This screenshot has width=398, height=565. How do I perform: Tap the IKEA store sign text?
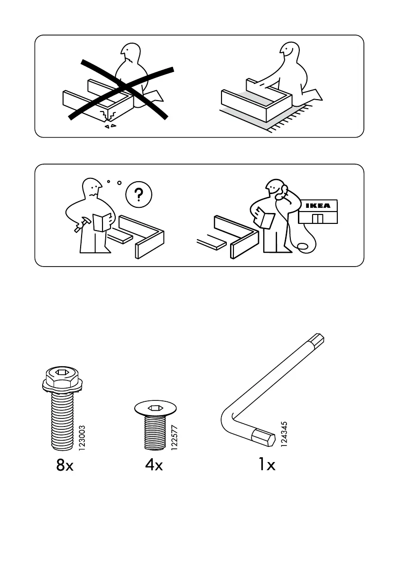coord(317,206)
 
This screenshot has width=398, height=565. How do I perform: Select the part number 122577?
coord(174,438)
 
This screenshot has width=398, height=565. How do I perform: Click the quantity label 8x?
coord(65,465)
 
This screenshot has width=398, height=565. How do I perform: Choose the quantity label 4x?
coord(154,465)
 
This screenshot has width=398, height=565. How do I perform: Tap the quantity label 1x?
coord(267,465)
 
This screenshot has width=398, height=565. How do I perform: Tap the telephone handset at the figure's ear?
coord(284,192)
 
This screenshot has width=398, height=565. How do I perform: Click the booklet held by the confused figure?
coord(102,222)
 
